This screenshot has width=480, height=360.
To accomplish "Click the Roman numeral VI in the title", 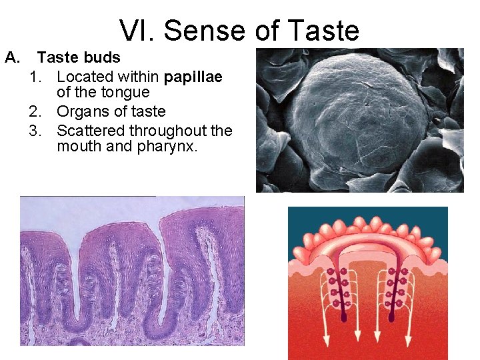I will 136,30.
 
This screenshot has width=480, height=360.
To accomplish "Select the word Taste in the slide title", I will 325,30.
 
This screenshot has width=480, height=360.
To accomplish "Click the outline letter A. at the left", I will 13,57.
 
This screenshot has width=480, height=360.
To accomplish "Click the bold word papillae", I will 193,77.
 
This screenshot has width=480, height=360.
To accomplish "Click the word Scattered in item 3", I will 91,130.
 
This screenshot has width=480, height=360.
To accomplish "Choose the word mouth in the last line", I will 80,146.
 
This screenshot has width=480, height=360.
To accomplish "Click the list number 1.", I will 36,77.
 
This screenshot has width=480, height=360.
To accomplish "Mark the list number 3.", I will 36,130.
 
